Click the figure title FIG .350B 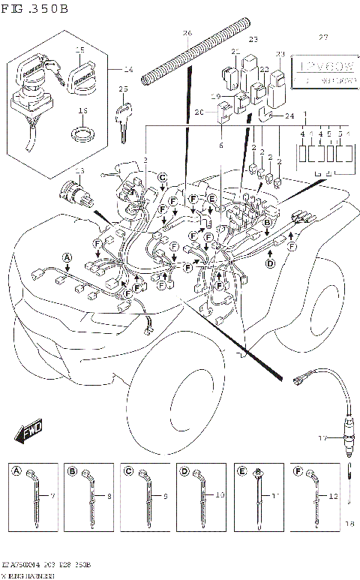pyautogui.click(x=35, y=10)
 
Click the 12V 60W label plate pyautogui.click(x=322, y=69)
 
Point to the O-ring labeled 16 pyautogui.click(x=84, y=135)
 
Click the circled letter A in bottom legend pyautogui.click(x=16, y=471)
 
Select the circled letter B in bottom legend pyautogui.click(x=72, y=471)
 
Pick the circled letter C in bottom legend pyautogui.click(x=128, y=471)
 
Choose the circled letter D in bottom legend pyautogui.click(x=184, y=471)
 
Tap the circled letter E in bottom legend pyautogui.click(x=241, y=471)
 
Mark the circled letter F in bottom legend pyautogui.click(x=297, y=471)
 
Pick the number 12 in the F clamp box pyautogui.click(x=333, y=497)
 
